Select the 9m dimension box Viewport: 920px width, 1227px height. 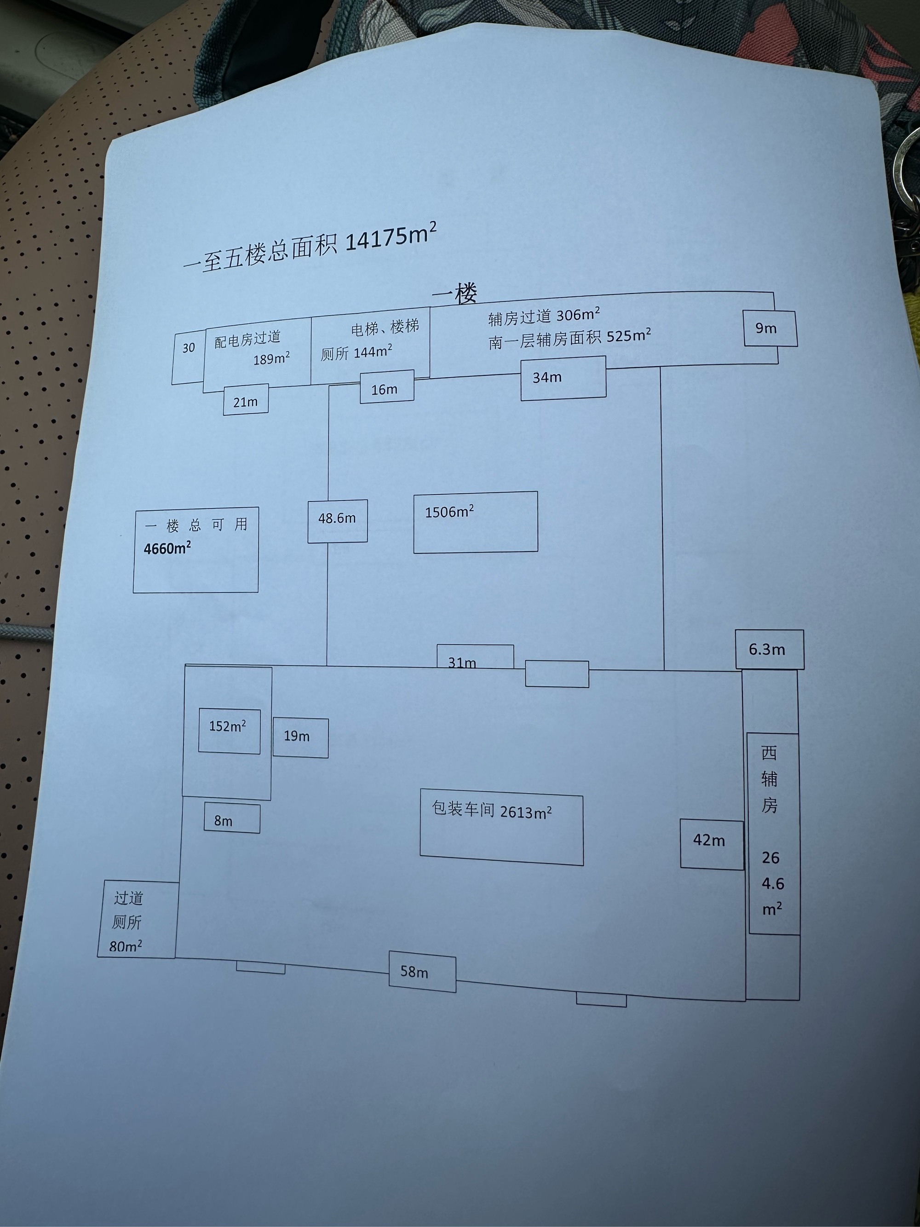[770, 328]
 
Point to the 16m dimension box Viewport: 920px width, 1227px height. [386, 388]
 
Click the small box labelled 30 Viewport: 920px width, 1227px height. [189, 348]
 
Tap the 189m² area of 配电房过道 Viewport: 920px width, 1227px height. [271, 358]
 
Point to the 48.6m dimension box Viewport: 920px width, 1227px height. [337, 519]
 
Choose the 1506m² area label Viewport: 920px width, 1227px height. [449, 512]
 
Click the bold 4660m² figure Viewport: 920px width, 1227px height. [167, 548]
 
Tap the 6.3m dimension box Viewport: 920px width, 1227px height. [769, 649]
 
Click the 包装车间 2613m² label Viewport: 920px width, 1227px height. [492, 811]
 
